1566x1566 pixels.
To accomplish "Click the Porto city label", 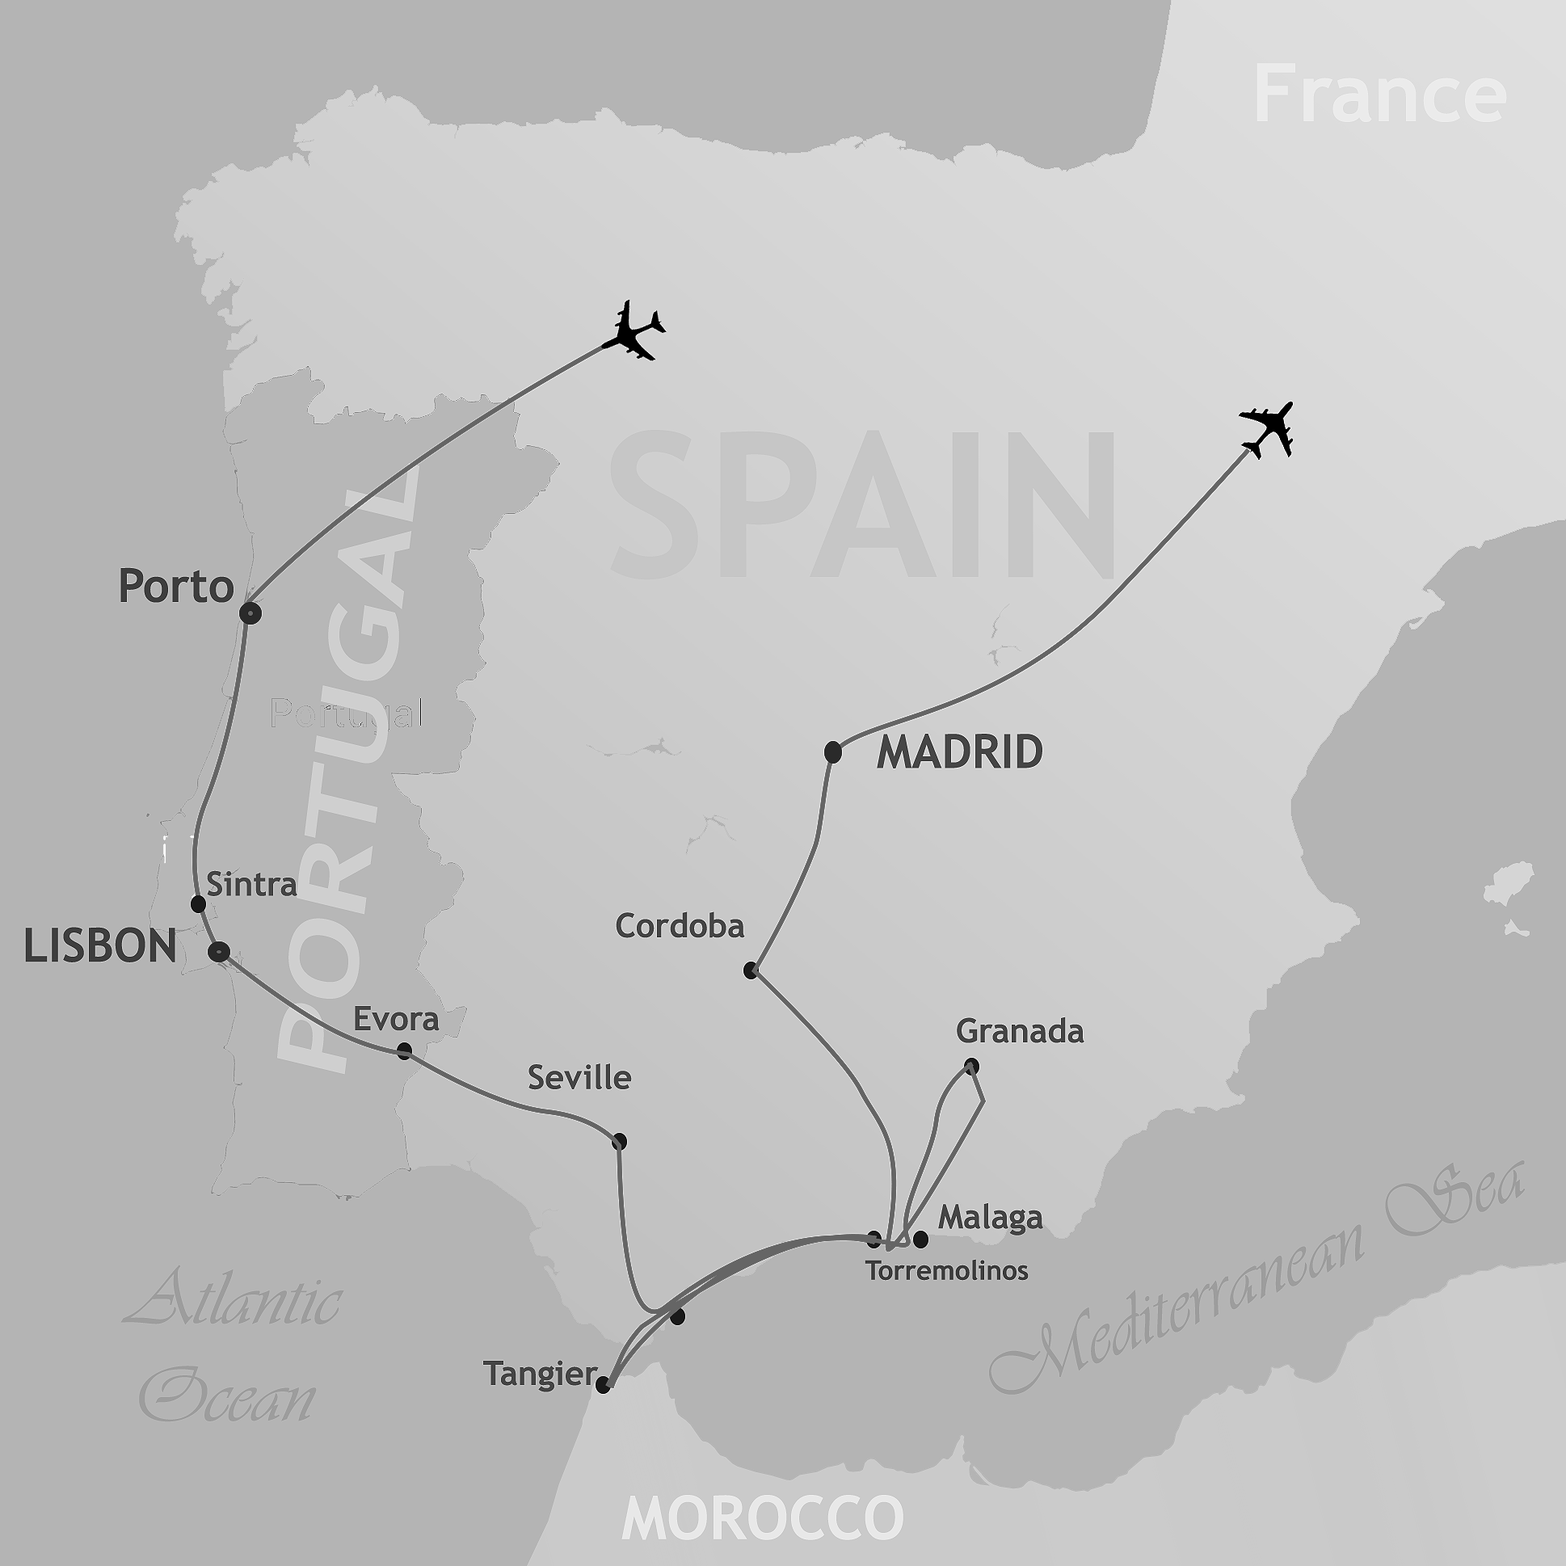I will [176, 586].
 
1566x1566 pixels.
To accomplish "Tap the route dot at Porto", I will [250, 613].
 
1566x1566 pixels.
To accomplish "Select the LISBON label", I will [100, 946].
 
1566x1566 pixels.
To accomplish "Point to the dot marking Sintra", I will [198, 903].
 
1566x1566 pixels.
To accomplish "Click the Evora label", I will [396, 1019].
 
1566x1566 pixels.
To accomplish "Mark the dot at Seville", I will [619, 1142].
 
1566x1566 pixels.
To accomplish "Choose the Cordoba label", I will [680, 926].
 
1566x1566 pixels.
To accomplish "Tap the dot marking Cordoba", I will [751, 970].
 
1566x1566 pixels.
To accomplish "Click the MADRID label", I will [960, 752].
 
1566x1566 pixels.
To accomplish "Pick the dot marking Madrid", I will [832, 753].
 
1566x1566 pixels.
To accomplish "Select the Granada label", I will [1020, 1031].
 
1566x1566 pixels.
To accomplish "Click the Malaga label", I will [990, 1218].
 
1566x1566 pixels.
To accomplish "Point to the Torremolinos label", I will [947, 1270].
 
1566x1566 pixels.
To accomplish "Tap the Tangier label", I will [540, 1374].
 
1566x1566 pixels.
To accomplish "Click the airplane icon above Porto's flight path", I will [634, 330].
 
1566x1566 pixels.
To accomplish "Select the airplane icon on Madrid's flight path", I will [1267, 429].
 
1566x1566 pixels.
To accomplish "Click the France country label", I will [1379, 95].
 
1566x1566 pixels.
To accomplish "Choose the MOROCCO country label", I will [762, 1517].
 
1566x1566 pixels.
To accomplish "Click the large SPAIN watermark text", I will [863, 507].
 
